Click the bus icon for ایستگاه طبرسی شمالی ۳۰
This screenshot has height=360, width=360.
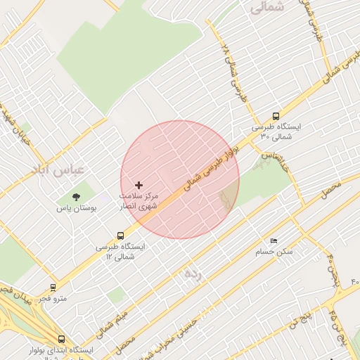coord(275,117)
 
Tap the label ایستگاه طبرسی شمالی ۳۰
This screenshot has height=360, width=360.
coord(276,131)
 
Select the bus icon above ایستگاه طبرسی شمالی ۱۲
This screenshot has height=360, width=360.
coord(121,236)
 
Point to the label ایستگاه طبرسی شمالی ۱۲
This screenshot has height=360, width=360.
coord(121,252)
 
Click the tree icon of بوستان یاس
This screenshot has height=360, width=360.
coord(76,196)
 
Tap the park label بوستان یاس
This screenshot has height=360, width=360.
coord(77,209)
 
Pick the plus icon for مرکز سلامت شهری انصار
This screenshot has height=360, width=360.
coord(139,185)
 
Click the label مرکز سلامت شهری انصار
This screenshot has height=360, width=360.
coord(139,201)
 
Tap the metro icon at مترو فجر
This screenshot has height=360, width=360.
coord(53,288)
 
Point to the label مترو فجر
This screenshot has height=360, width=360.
coord(52,299)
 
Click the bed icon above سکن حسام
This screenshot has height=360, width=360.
coord(274,241)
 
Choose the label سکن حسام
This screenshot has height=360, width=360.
coord(276,252)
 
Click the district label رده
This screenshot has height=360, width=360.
coord(193,274)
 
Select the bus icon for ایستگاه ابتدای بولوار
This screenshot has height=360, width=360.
coord(61,339)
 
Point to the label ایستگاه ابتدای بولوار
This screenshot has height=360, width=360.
coord(61,351)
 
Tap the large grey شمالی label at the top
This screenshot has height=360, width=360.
coord(267,7)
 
